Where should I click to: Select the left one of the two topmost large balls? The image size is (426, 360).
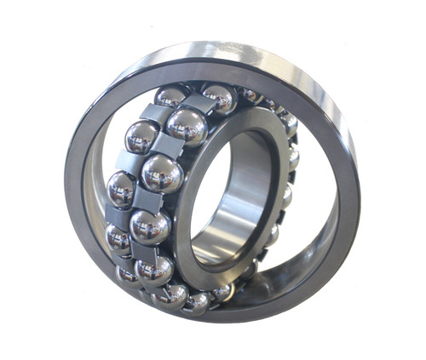click(141, 136)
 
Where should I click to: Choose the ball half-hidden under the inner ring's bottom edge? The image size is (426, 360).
click(223, 292)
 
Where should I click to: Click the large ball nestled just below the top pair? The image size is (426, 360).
click(162, 173)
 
